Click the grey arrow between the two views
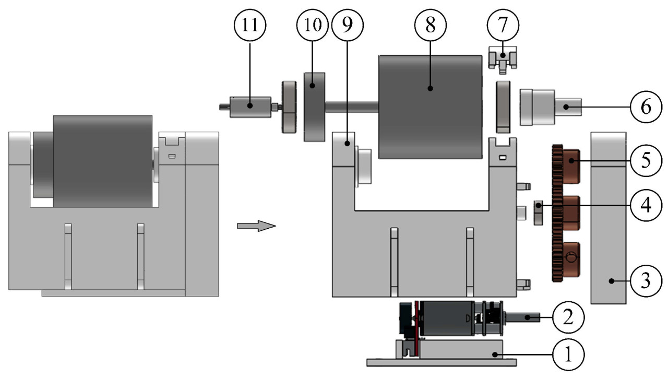point(255,226)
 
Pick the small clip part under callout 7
point(502,58)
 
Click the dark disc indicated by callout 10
point(314,107)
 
